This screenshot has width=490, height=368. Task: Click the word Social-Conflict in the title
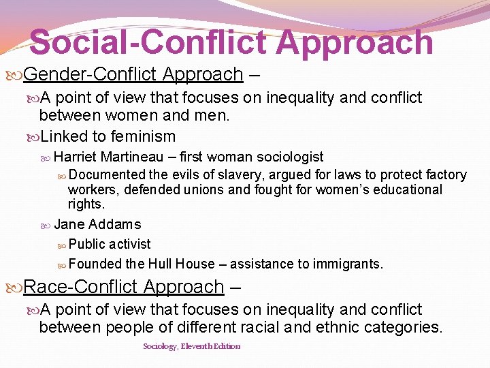[x=148, y=42]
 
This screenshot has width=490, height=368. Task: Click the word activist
[x=130, y=244]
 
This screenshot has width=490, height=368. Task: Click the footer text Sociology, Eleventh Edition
[x=191, y=346]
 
